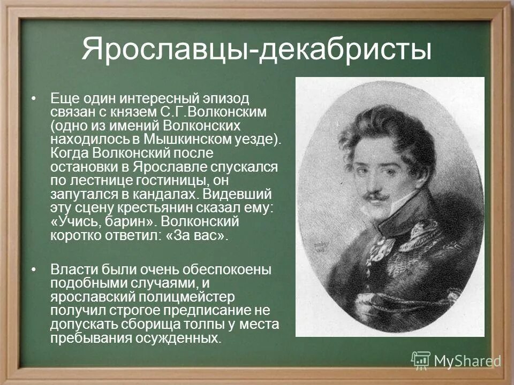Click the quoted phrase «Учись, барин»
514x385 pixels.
(x=101, y=221)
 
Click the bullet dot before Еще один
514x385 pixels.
(x=35, y=99)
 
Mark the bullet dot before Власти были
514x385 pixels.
(x=35, y=269)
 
